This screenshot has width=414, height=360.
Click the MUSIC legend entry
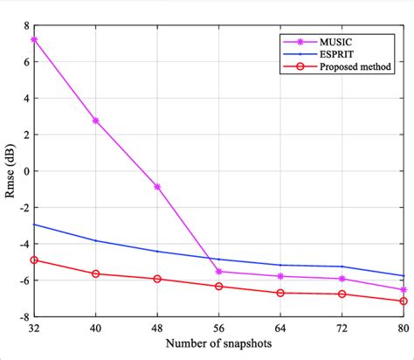(335, 41)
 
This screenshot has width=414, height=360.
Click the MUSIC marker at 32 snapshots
(34, 39)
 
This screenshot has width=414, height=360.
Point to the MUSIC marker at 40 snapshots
(96, 121)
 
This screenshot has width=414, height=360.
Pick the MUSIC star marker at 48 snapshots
(157, 186)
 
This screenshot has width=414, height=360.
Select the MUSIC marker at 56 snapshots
(219, 272)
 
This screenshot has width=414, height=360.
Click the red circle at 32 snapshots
(34, 260)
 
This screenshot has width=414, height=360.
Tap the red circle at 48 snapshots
(157, 279)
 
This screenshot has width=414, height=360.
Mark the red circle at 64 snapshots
(280, 293)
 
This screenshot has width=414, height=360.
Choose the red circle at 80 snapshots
(404, 301)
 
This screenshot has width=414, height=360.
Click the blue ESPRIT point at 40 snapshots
(96, 240)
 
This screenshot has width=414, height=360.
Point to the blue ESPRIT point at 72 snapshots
(342, 267)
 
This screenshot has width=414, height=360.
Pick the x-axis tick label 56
(219, 328)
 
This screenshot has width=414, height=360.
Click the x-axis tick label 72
(342, 328)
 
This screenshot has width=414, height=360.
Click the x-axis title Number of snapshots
(218, 344)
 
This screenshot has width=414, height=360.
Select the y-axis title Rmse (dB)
(8, 171)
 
